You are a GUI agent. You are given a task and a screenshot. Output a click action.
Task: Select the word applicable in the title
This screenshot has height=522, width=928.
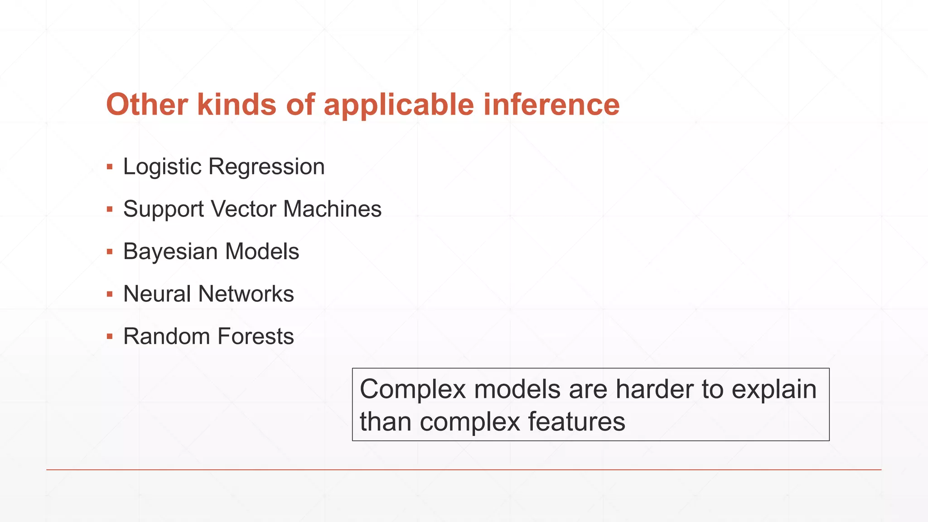click(399, 105)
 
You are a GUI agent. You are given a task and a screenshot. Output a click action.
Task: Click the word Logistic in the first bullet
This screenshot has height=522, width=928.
click(162, 167)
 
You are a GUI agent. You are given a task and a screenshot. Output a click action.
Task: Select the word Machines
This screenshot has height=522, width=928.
click(332, 209)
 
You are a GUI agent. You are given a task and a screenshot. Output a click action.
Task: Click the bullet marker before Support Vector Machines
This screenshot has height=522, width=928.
click(110, 209)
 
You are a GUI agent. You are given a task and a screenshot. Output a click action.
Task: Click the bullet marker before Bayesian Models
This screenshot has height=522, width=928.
click(110, 251)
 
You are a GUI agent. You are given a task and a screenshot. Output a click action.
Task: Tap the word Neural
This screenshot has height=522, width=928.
click(157, 294)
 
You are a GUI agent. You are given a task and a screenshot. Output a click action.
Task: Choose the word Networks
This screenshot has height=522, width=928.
click(246, 294)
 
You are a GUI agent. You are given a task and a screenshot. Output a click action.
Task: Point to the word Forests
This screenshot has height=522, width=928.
click(256, 336)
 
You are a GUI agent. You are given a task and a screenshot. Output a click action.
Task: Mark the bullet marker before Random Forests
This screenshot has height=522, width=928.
click(110, 337)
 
